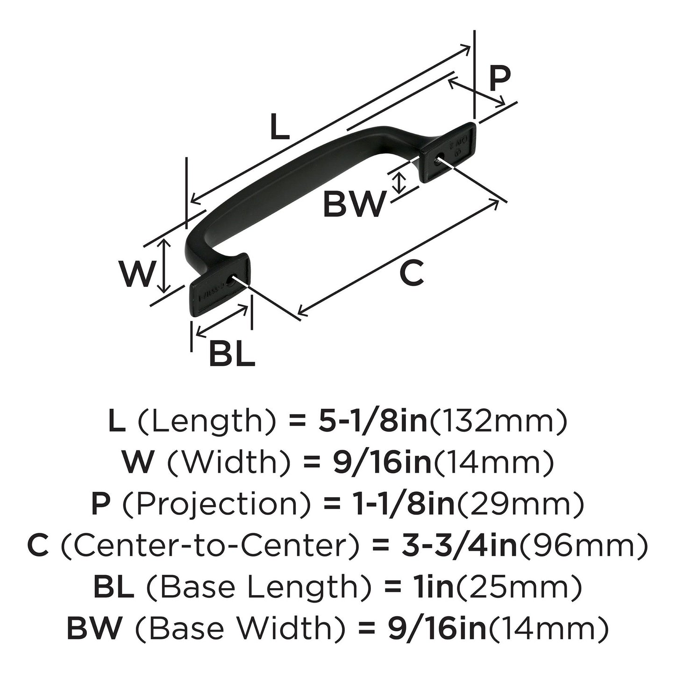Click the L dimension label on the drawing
click(280, 128)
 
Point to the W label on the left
click(136, 274)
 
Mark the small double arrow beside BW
click(398, 183)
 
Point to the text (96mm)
click(583, 546)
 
